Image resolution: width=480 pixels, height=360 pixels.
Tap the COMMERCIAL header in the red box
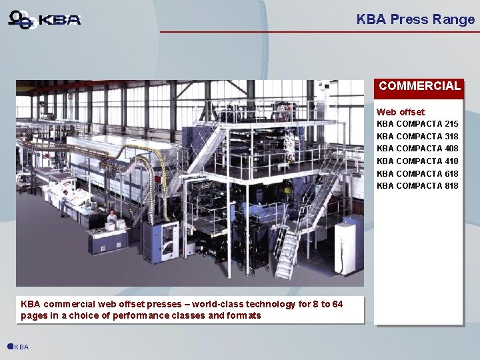click(419, 86)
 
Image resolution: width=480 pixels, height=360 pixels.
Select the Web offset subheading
click(400, 112)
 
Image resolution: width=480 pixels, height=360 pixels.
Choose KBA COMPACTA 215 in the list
click(417, 124)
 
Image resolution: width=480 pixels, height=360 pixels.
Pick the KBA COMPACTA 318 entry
click(417, 136)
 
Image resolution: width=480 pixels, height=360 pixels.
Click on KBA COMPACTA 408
click(417, 149)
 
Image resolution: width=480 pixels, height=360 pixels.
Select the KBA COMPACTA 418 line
click(417, 161)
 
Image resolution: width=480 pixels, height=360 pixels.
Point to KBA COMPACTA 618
click(417, 173)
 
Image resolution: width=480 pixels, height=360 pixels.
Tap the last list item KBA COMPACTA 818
click(417, 185)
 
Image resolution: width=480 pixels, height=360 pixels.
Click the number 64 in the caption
click(337, 304)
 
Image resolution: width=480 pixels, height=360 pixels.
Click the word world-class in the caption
click(217, 304)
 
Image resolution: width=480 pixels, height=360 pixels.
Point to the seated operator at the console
click(112, 217)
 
